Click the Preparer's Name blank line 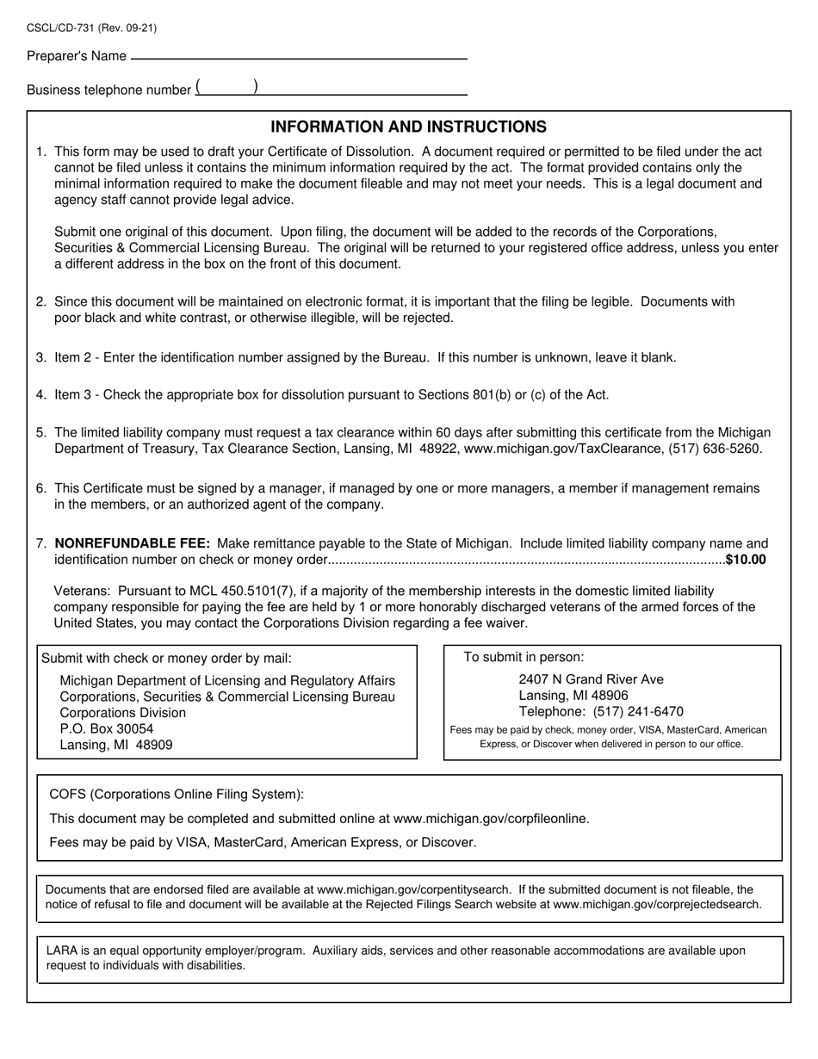pos(298,57)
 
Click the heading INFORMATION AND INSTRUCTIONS pos(408,127)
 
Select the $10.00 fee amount pos(746,560)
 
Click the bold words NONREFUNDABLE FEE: pos(132,543)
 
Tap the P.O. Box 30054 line pos(107,728)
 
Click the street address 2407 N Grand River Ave pos(591,679)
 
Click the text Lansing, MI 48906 pos(573,695)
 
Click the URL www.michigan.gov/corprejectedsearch pos(657,904)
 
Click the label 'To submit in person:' pos(524,657)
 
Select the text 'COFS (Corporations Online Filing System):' pos(177,794)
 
